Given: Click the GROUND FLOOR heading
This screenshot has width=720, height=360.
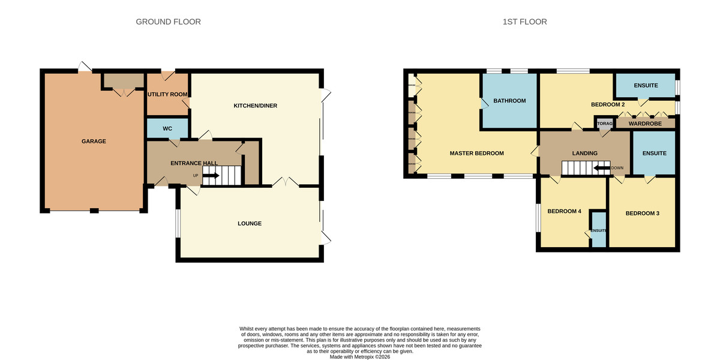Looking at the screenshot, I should point(168,22).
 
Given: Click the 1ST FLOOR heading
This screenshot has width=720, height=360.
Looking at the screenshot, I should point(524,22).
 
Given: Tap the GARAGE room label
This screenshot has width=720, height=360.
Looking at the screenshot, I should point(94,142).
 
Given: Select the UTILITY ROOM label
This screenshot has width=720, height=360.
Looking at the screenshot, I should point(168,94).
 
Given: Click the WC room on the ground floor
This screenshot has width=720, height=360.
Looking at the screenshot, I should point(167,128).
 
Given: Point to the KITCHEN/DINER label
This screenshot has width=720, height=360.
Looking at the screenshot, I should point(255,106).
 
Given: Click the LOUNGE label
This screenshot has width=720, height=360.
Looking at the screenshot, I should point(249,224).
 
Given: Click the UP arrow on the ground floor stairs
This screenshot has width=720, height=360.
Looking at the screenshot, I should point(211,175).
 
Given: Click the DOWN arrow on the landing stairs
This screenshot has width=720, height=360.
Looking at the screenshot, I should point(602,168).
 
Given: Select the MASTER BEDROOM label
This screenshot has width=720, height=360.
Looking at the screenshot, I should point(476,154).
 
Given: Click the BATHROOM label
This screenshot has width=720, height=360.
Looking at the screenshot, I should point(509,101).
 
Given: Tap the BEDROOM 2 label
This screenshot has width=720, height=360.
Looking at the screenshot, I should point(608,104).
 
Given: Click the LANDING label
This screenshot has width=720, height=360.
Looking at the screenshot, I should point(584,154).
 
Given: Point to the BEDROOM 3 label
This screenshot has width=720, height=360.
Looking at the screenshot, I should point(643,213).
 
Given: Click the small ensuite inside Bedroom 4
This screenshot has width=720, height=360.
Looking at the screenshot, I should point(598,231).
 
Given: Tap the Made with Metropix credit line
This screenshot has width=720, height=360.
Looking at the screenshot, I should point(360,357).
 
